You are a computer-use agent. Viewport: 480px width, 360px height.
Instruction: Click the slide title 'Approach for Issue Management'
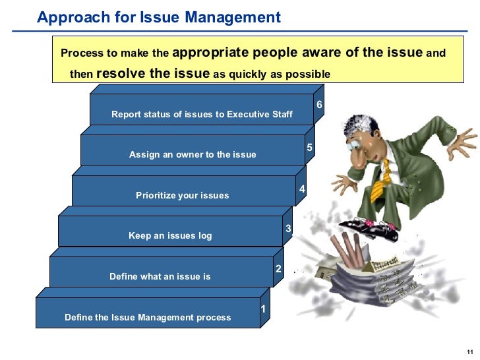[x=158, y=18]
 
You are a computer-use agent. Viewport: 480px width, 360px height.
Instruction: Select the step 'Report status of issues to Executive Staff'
[x=202, y=114]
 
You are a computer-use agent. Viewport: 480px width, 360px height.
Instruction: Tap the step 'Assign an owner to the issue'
[x=193, y=154]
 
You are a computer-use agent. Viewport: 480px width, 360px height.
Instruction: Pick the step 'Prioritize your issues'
[x=182, y=195]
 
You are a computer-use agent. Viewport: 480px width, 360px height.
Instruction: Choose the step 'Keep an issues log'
[x=170, y=235]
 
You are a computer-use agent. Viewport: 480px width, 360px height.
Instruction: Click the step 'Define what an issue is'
[x=160, y=276]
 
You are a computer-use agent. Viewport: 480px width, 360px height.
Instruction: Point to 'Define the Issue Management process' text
[x=148, y=317]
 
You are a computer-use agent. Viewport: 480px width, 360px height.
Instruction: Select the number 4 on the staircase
[x=301, y=189]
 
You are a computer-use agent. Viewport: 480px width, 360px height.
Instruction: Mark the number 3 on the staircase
[x=287, y=228]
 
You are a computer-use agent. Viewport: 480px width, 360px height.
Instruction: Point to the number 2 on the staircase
[x=278, y=268]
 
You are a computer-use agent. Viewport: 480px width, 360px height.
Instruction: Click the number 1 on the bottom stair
[x=262, y=309]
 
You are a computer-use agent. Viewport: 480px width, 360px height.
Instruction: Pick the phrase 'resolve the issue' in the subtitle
[x=153, y=73]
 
